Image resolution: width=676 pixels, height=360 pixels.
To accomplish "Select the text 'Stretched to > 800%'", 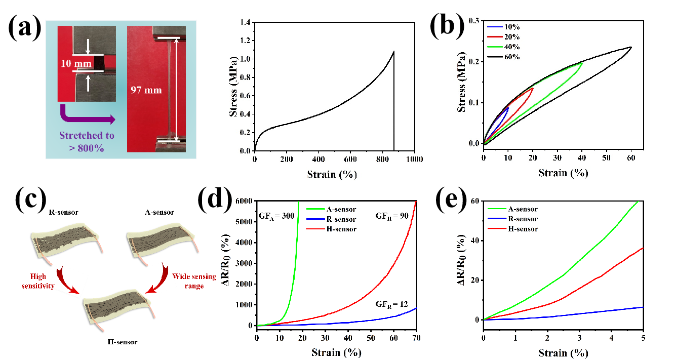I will [87, 141].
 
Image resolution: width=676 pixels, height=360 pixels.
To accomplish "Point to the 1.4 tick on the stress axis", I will [245, 22].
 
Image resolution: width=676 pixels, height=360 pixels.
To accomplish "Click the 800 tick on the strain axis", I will [383, 159].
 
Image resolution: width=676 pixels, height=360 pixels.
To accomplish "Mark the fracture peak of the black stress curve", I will [393, 51].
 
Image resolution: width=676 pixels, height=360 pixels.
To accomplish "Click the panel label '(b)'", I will [446, 25].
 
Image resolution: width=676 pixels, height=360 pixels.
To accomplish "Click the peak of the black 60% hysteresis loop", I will [631, 47].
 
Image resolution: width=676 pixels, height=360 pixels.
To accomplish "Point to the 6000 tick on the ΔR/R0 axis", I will [245, 201].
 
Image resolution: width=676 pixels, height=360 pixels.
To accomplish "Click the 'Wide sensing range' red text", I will [194, 281].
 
